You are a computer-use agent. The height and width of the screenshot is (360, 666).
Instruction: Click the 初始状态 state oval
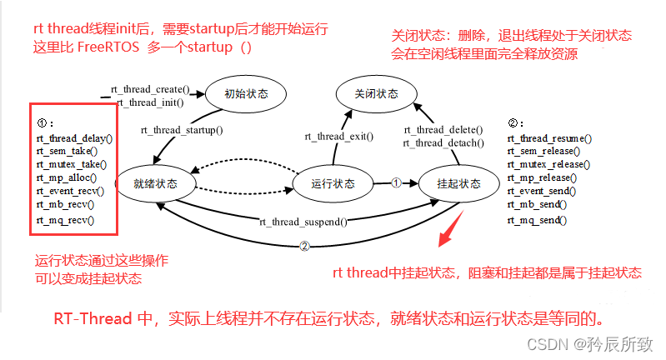(246, 94)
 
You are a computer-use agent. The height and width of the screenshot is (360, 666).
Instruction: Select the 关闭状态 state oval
(376, 94)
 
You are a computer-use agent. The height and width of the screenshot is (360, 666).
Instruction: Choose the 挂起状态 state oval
(458, 182)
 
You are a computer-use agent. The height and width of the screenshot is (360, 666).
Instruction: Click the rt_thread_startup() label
(182, 130)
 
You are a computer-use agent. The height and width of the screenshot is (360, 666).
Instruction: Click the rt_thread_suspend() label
(303, 222)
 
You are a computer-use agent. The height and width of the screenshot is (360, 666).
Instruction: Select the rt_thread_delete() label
(443, 130)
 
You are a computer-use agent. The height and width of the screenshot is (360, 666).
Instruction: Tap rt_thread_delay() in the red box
(73, 138)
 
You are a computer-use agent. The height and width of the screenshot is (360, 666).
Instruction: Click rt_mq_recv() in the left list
(65, 220)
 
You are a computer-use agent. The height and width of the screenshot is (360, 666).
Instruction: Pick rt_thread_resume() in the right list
(549, 138)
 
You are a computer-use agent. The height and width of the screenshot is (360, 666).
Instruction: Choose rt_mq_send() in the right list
(537, 220)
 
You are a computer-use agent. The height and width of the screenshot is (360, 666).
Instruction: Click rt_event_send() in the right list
(543, 191)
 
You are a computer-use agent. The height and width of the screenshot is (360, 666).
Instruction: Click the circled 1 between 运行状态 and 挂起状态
(397, 182)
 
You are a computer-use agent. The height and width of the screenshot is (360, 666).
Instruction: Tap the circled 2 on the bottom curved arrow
(304, 245)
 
